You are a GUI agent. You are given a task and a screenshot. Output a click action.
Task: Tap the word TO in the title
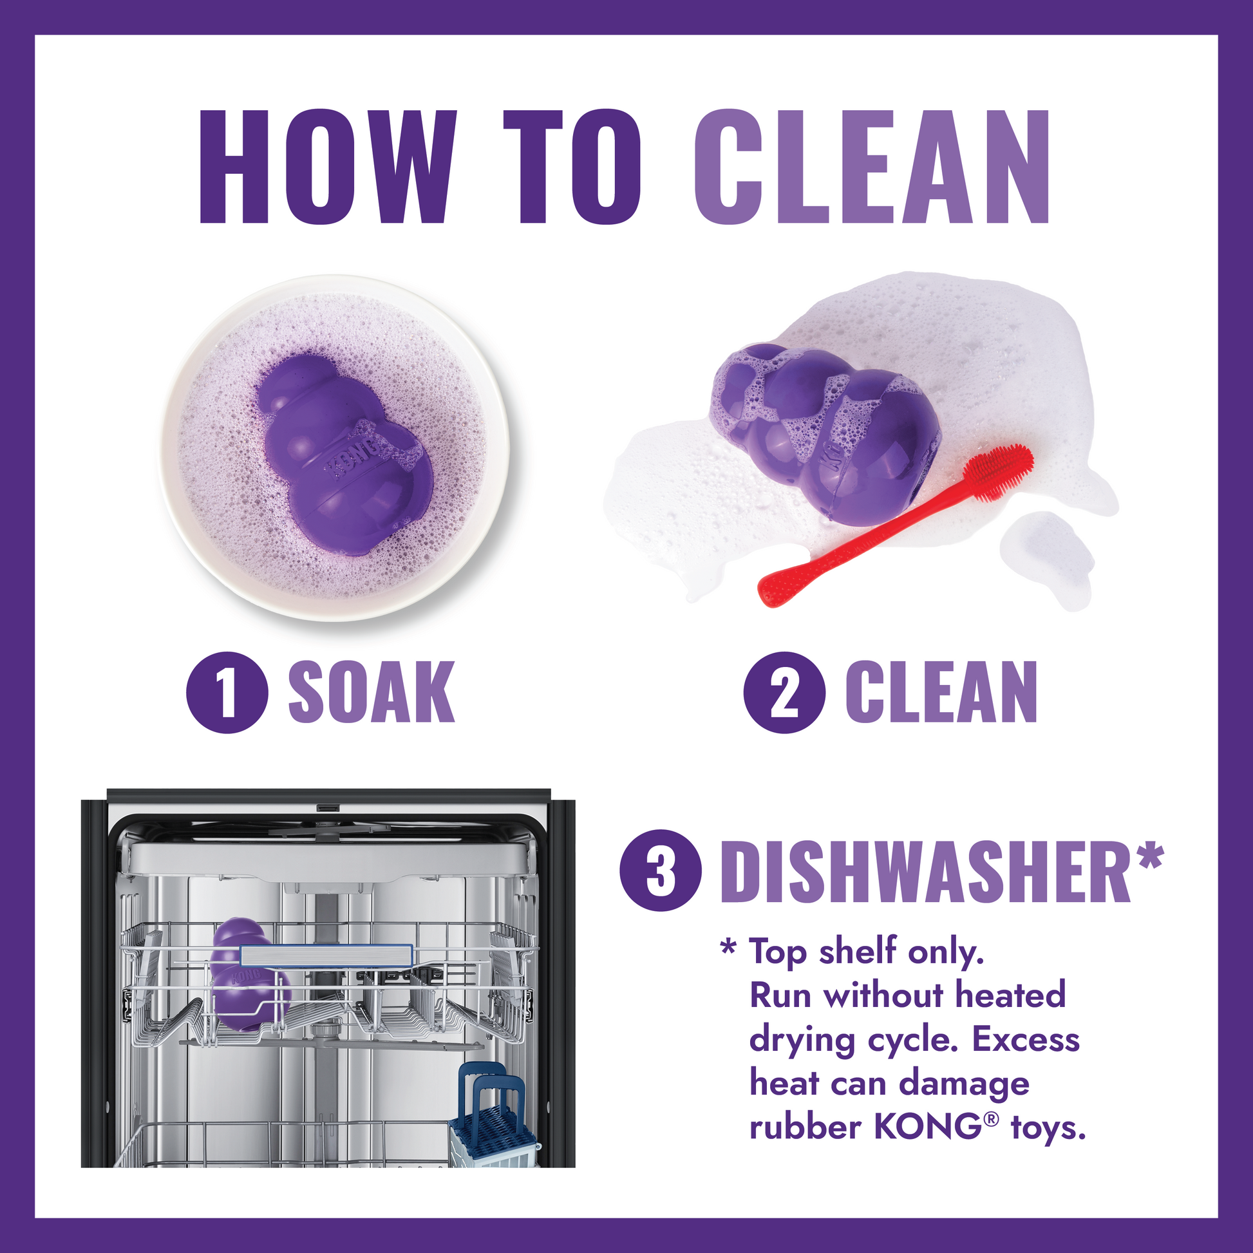[571, 167]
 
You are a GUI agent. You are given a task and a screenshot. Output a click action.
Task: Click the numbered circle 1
[227, 693]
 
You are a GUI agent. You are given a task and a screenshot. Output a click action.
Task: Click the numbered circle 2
[784, 693]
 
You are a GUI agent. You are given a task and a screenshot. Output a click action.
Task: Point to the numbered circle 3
[661, 871]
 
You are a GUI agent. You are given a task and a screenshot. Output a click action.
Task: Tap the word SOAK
[371, 693]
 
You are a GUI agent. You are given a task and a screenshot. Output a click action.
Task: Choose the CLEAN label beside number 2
[941, 693]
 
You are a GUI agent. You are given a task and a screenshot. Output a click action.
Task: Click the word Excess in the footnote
[1025, 1040]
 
